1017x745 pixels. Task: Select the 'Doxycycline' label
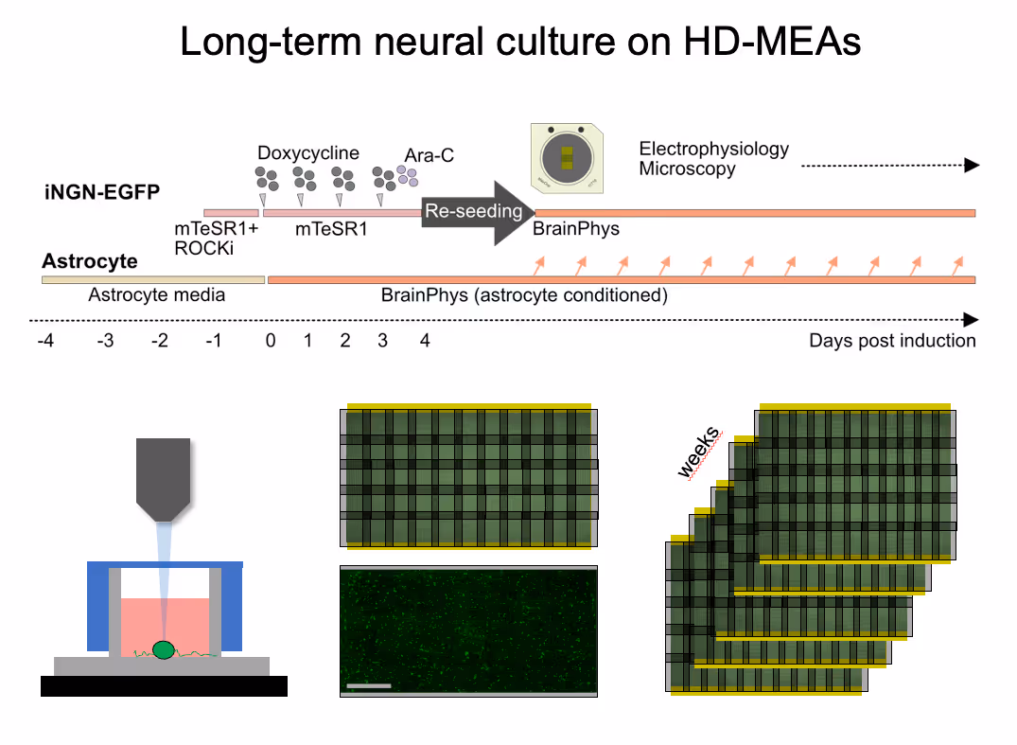tap(308, 152)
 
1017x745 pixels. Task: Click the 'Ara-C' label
tap(430, 155)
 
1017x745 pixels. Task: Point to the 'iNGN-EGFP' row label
tap(100, 192)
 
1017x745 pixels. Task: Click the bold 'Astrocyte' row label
tap(90, 261)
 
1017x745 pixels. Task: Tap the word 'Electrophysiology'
tap(713, 149)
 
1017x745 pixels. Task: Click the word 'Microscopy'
tap(687, 169)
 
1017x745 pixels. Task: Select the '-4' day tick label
tap(45, 341)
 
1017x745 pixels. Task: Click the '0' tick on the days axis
tap(271, 341)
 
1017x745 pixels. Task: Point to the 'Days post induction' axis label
tap(892, 341)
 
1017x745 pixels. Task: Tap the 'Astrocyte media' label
tap(157, 295)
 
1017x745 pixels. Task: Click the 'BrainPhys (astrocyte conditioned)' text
tap(524, 295)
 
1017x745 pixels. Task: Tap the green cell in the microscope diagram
tap(165, 649)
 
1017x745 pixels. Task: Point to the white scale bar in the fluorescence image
tap(369, 684)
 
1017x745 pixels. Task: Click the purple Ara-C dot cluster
tap(407, 175)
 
